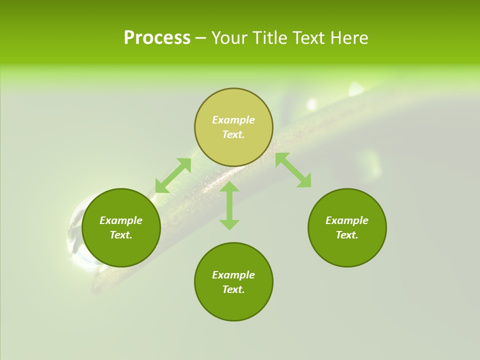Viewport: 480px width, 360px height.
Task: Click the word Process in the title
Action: pos(157,38)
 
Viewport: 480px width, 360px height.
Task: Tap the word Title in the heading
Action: pos(270,38)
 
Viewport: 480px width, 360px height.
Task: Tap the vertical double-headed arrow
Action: pos(229,205)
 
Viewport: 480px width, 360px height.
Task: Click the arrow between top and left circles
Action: pos(173,175)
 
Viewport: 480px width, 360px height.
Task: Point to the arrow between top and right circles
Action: pos(293,170)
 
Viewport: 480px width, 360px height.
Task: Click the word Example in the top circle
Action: pos(233,120)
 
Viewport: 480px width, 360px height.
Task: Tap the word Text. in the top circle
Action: pos(233,134)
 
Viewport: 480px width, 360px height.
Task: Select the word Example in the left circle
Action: pos(121,220)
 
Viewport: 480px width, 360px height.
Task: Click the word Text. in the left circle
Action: pos(121,235)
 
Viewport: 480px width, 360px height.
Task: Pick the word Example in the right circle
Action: pos(347,220)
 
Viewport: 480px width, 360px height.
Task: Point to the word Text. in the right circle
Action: pos(347,235)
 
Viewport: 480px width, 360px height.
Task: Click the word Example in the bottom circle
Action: pos(233,275)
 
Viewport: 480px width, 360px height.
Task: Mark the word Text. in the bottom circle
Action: pos(233,289)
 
